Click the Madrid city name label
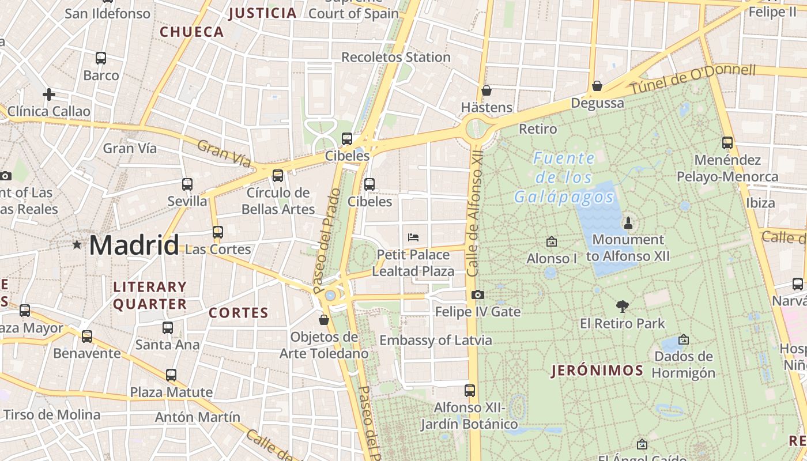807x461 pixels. tap(134, 245)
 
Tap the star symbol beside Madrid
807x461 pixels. tap(77, 245)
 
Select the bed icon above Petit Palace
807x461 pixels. tap(413, 237)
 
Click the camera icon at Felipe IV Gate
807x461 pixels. tap(477, 295)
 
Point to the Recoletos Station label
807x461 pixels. tap(396, 57)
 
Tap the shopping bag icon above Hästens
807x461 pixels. tap(486, 90)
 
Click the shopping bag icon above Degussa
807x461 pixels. tap(597, 86)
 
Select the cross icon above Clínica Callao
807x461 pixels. tap(49, 94)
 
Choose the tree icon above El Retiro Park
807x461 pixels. tap(622, 306)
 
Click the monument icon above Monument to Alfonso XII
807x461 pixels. tap(628, 222)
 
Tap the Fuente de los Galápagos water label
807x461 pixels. tap(564, 177)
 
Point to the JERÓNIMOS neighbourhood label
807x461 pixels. tap(597, 371)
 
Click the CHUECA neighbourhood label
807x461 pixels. tap(192, 32)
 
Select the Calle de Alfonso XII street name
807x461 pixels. tap(474, 214)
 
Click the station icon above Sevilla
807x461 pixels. tap(187, 184)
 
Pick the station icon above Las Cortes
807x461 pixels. tap(217, 232)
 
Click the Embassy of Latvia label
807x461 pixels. tap(435, 340)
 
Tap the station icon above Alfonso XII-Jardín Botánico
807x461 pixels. tap(470, 391)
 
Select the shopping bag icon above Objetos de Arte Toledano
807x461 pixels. tap(324, 319)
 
